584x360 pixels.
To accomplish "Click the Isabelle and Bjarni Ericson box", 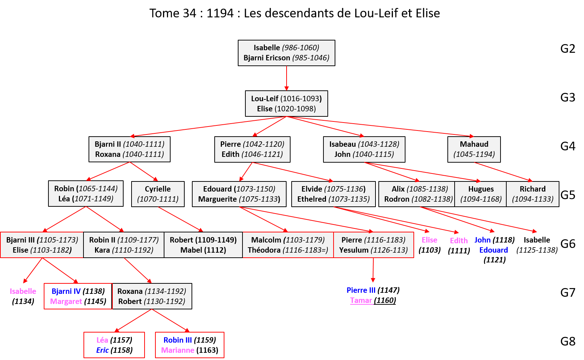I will [x=286, y=53].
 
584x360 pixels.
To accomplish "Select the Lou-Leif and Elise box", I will [x=286, y=103].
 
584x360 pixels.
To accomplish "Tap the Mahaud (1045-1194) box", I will [x=474, y=149].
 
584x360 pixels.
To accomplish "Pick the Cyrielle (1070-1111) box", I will [x=158, y=194].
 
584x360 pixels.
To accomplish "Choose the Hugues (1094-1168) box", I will [x=481, y=194].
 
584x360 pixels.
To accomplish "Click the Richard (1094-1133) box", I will [x=532, y=194].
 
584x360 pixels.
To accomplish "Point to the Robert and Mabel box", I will [x=203, y=245].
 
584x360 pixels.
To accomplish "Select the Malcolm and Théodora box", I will [x=288, y=245].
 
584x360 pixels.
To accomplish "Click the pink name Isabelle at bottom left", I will [x=23, y=291].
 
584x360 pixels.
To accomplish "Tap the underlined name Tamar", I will [x=361, y=300].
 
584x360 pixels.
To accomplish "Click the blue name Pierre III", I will [x=361, y=290].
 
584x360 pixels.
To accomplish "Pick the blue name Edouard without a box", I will [x=493, y=250].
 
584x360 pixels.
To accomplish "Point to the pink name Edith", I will [x=459, y=241].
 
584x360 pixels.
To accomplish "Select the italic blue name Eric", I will [x=102, y=350].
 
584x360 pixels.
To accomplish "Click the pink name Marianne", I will [x=177, y=350].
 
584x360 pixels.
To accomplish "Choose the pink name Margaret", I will [x=66, y=301].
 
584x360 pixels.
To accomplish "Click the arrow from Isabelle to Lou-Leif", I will [x=287, y=78].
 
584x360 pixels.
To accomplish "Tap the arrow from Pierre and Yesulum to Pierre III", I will [x=373, y=269].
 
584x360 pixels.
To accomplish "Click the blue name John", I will [x=482, y=240].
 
